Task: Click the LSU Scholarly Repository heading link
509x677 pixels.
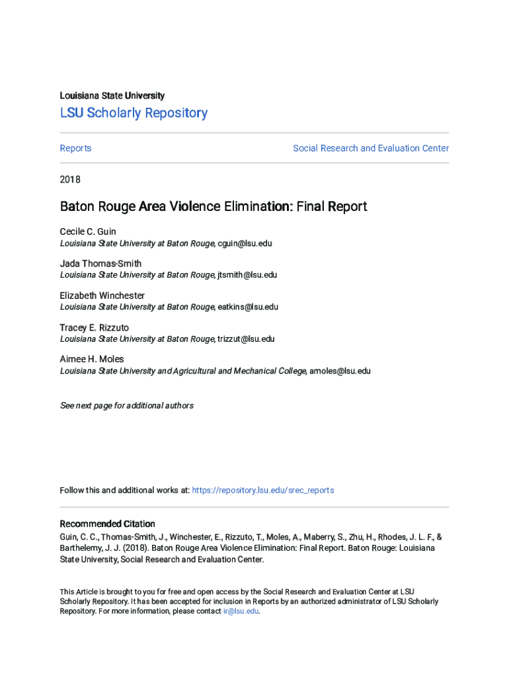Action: click(134, 113)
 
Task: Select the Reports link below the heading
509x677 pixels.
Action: click(75, 148)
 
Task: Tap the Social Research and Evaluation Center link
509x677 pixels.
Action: click(371, 148)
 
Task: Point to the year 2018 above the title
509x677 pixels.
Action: click(70, 179)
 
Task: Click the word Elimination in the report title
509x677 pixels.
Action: click(253, 207)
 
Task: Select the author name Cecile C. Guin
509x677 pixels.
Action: click(88, 232)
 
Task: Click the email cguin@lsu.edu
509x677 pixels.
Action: click(245, 243)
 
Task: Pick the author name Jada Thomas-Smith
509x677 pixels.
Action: click(100, 264)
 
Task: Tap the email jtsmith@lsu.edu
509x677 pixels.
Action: click(247, 275)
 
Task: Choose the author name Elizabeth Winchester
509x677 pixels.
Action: click(102, 296)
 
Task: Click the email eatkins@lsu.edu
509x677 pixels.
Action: click(248, 307)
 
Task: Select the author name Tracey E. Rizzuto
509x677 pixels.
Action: click(95, 327)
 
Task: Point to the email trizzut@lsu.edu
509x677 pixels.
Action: click(246, 339)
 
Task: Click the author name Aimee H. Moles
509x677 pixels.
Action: click(92, 359)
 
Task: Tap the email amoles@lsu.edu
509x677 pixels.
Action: click(340, 371)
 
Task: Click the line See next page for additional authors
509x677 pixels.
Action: click(126, 405)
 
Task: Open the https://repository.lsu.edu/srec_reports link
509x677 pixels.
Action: click(262, 490)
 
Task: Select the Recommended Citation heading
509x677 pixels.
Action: click(107, 524)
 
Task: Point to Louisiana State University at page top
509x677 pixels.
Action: click(112, 96)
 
